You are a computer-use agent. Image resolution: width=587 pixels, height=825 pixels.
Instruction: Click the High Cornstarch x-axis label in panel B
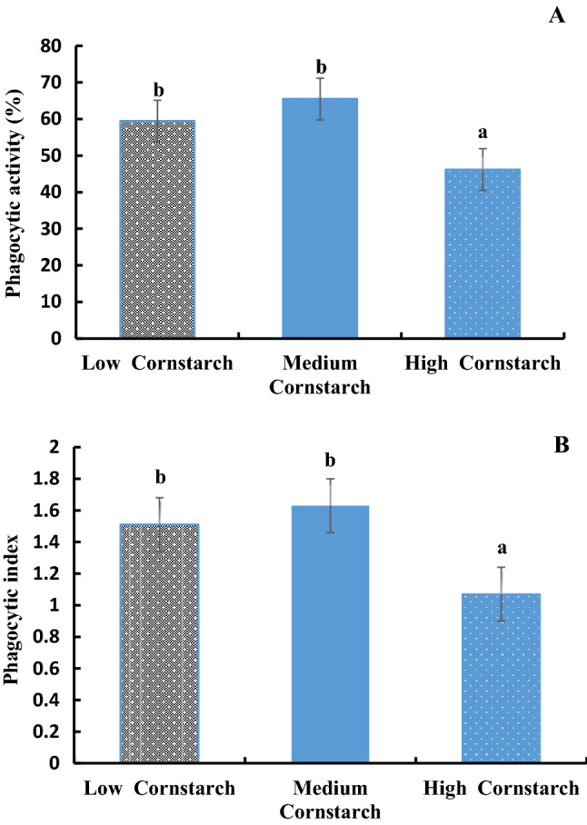[502, 788]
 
